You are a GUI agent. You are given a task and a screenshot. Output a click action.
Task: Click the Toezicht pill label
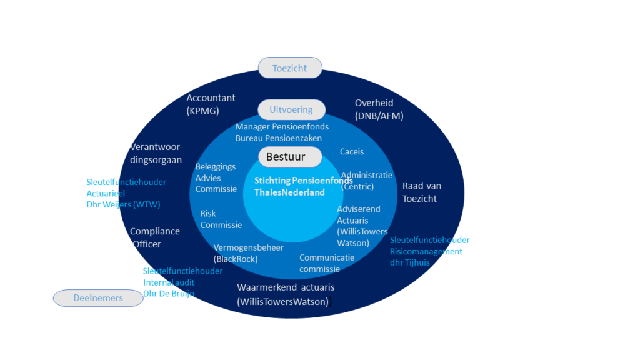click(290, 67)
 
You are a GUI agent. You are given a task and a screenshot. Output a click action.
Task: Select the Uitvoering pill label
click(291, 109)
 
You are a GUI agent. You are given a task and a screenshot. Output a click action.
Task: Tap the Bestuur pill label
click(290, 157)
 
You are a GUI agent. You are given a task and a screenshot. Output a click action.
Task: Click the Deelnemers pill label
click(98, 298)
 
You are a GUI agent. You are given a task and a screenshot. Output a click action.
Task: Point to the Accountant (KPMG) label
click(211, 104)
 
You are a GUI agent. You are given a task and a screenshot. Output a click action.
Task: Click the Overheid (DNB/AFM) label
click(379, 109)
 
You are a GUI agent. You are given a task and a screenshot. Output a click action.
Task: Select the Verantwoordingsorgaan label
click(156, 153)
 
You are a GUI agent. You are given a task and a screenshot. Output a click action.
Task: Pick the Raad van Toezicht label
click(422, 192)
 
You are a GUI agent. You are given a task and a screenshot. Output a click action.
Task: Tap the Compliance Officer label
click(155, 237)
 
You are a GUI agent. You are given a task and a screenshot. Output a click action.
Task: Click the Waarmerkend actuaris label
click(285, 294)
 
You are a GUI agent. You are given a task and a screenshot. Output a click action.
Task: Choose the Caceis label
click(352, 151)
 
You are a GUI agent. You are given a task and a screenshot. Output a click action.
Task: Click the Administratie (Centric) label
click(366, 181)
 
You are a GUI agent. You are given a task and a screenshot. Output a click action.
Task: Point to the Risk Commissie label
click(221, 219)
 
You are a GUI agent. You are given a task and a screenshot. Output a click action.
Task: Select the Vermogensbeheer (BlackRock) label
click(248, 253)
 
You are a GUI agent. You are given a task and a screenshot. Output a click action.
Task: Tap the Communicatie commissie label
click(326, 263)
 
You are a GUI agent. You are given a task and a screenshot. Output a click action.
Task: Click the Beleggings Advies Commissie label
click(216, 177)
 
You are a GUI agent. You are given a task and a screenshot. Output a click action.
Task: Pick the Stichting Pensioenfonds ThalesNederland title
click(303, 186)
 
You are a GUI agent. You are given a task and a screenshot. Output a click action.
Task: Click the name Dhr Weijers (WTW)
click(123, 204)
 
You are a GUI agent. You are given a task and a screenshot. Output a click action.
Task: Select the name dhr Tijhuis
click(410, 262)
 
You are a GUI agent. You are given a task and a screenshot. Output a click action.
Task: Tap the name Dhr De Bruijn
click(169, 294)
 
